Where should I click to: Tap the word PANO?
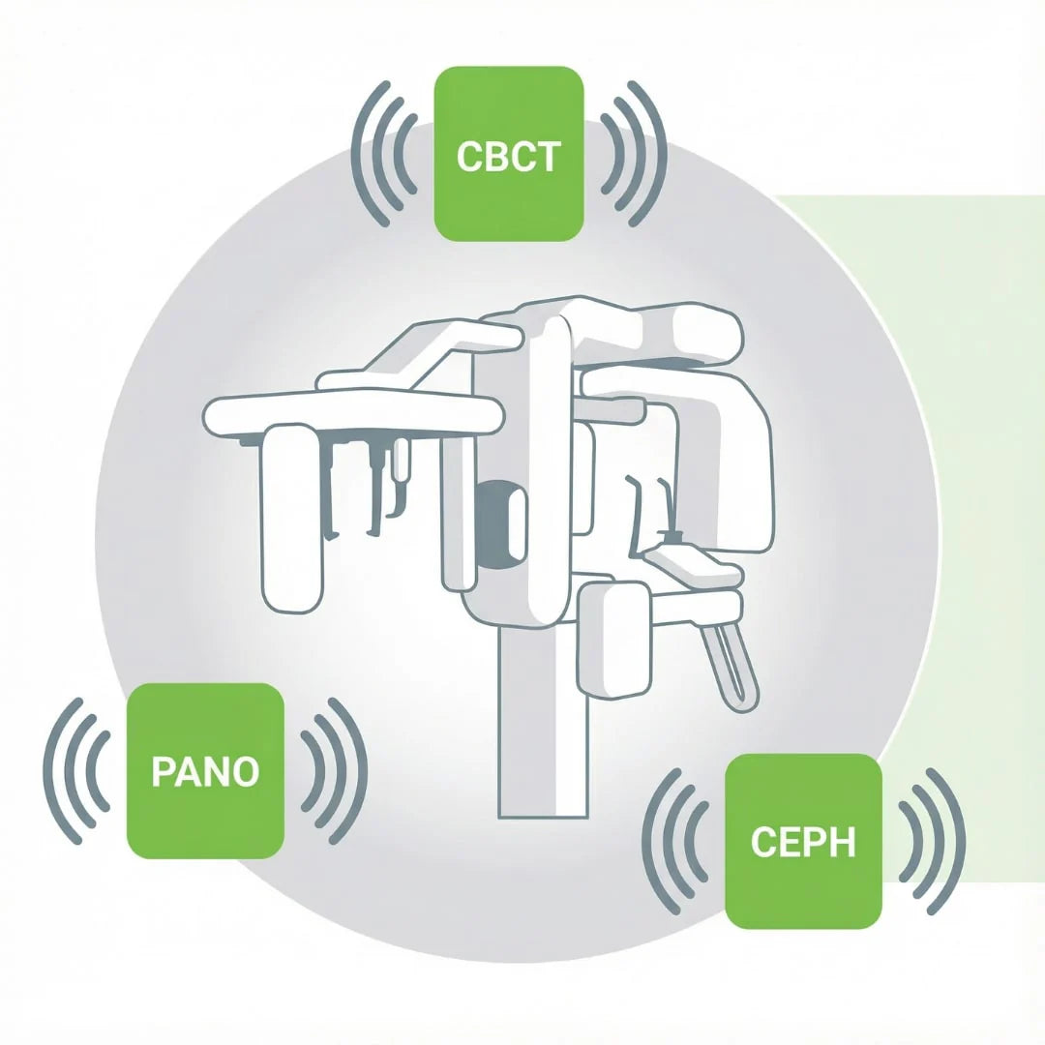205,771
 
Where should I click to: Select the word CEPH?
803,842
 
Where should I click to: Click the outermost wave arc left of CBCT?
359,155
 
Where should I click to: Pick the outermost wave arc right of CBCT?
659,155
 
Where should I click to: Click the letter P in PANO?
163,771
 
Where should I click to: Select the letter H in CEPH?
844,842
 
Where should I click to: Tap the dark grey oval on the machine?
498,522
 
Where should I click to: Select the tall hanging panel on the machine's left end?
291,518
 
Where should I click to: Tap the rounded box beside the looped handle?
613,639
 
